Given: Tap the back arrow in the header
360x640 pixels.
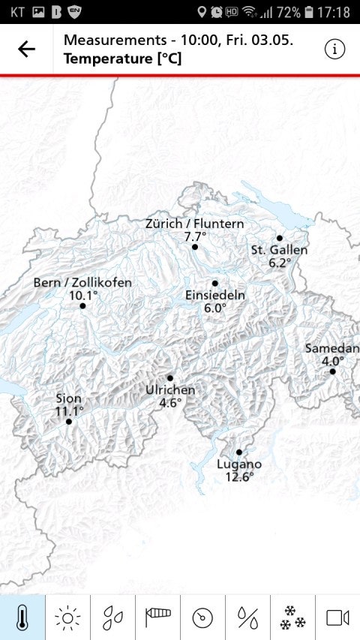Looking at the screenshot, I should click(x=26, y=50).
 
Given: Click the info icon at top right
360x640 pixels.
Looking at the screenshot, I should click(x=334, y=50).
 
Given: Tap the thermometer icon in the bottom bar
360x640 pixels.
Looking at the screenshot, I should click(x=22, y=617).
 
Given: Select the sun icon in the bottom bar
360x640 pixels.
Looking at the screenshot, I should click(x=67, y=617).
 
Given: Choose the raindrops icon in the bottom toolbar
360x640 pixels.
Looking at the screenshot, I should click(x=112, y=617).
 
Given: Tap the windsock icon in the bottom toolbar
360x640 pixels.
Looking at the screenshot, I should click(x=157, y=617).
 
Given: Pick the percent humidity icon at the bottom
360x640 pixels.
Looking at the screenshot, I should click(x=247, y=617).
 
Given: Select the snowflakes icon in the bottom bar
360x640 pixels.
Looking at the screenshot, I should click(x=292, y=617).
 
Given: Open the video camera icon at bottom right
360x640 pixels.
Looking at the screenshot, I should click(x=337, y=617).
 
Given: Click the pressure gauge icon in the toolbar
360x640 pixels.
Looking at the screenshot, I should click(x=202, y=617).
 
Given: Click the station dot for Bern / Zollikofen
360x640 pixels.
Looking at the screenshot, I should click(x=82, y=305).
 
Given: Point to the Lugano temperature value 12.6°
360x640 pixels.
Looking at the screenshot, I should click(x=239, y=476).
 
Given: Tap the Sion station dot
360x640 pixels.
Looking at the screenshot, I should click(x=69, y=422).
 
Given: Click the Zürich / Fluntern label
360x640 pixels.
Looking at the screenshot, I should click(x=194, y=224).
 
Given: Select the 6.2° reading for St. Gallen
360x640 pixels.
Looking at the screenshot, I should click(x=279, y=263).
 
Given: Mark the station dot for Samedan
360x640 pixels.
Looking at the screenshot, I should click(x=332, y=371).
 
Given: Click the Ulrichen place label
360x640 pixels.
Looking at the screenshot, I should click(x=170, y=390).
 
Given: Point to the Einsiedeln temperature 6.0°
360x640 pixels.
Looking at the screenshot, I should click(x=215, y=308).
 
